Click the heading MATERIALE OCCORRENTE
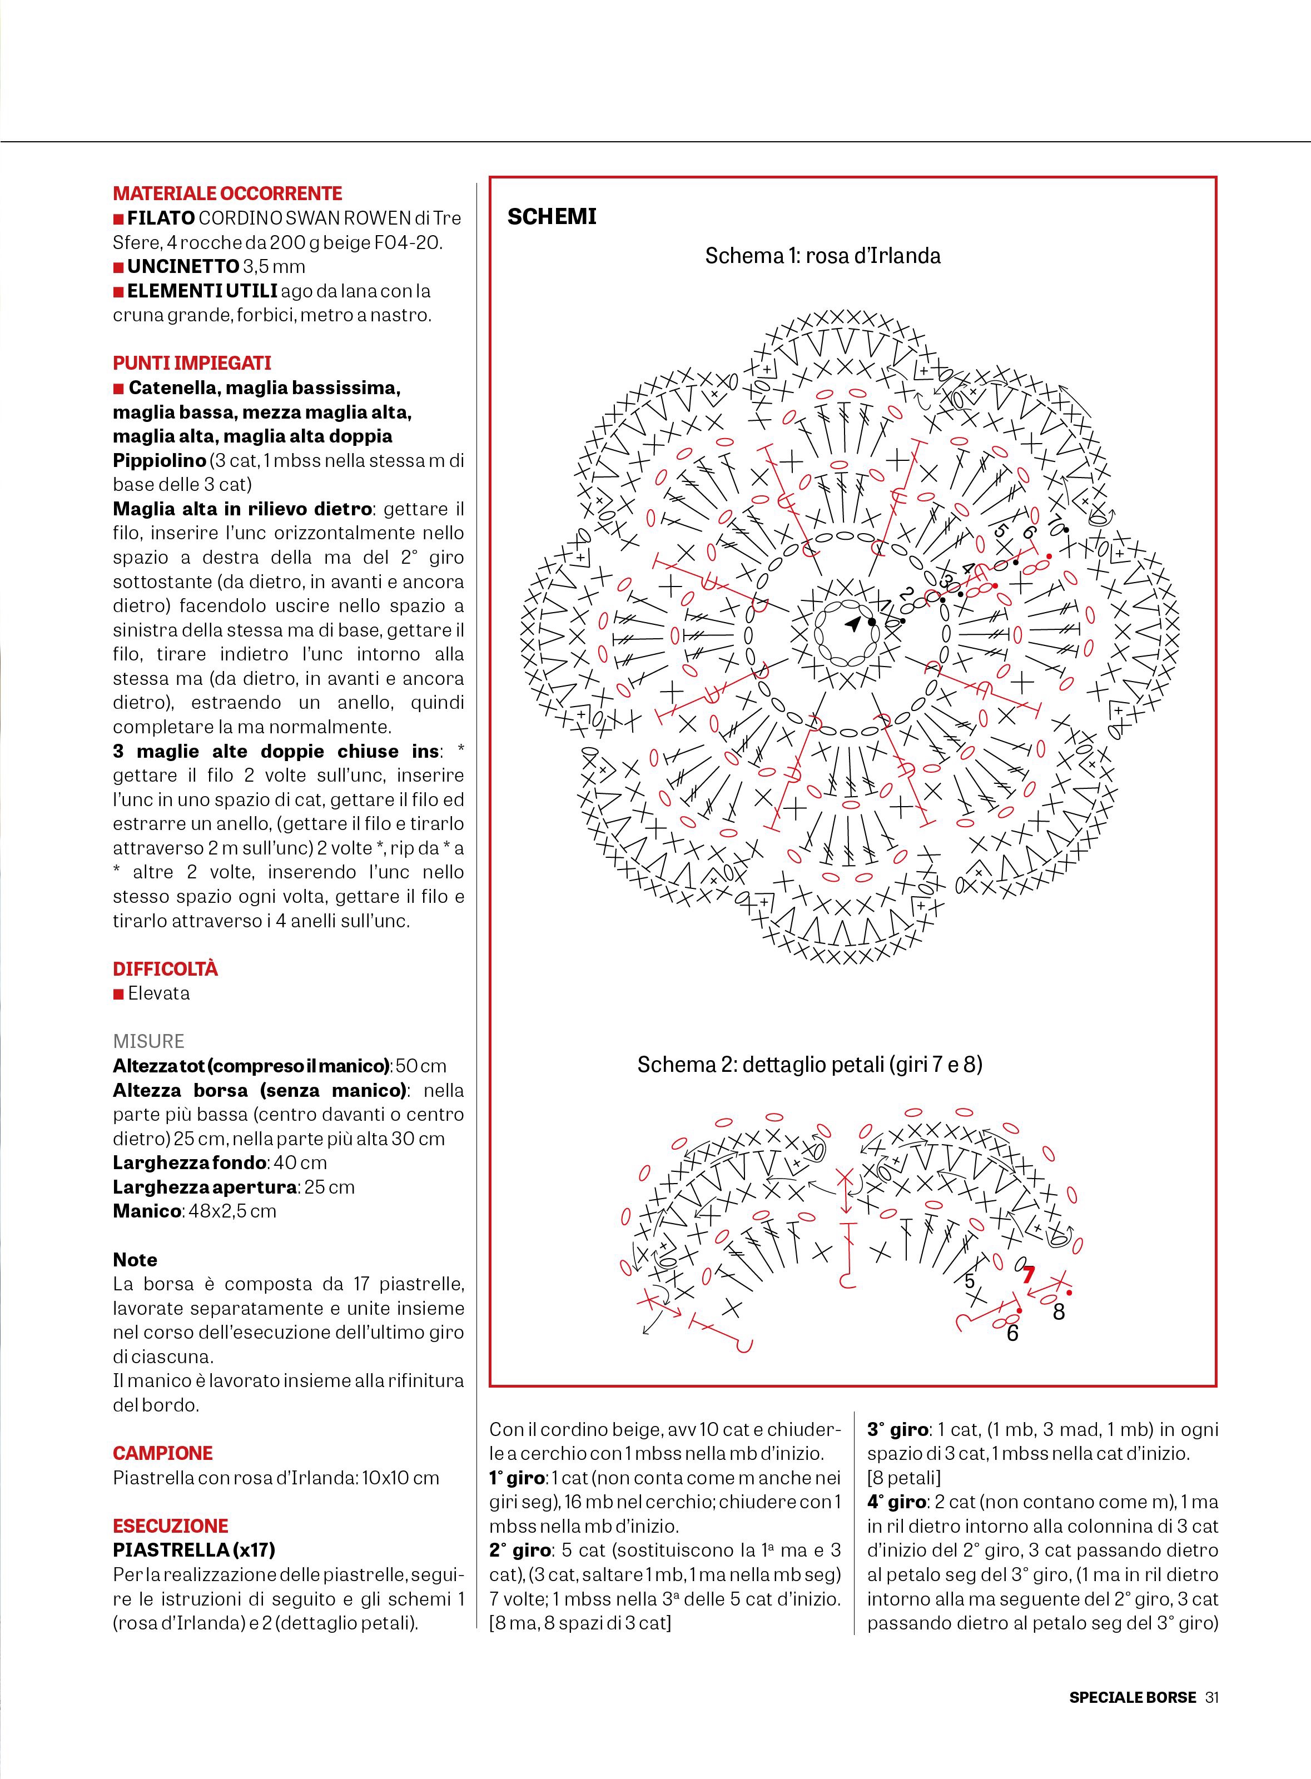(227, 193)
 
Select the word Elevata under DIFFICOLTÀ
(158, 993)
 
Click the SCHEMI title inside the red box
(552, 217)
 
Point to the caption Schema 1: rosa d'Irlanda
(822, 256)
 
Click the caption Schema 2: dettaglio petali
(810, 1064)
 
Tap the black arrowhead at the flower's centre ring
(852, 624)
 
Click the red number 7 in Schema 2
(1029, 1275)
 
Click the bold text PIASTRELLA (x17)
(193, 1550)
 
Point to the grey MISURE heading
(148, 1041)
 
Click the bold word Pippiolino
(158, 461)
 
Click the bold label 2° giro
(520, 1551)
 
